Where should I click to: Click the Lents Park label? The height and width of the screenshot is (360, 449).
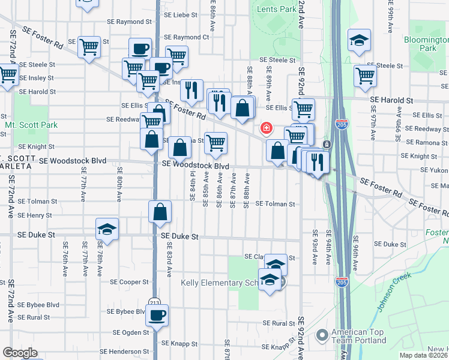[276, 9]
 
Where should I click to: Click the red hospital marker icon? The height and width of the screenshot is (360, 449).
[265, 128]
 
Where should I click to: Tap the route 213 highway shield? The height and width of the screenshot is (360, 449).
[155, 301]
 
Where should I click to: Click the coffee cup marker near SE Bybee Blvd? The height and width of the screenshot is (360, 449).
[157, 316]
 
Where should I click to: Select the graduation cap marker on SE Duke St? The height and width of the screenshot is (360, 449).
[107, 230]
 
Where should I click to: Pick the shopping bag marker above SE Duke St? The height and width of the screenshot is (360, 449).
[160, 212]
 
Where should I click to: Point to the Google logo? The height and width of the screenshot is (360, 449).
[20, 353]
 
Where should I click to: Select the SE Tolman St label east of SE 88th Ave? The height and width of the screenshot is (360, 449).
[276, 204]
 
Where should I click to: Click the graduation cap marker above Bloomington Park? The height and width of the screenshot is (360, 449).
[359, 40]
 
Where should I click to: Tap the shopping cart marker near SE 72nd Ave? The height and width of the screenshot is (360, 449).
[8, 76]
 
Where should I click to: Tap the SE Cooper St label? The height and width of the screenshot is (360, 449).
[128, 281]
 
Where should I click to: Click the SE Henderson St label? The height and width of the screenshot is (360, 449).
[124, 351]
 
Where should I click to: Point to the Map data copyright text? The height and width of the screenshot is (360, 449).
[424, 355]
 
